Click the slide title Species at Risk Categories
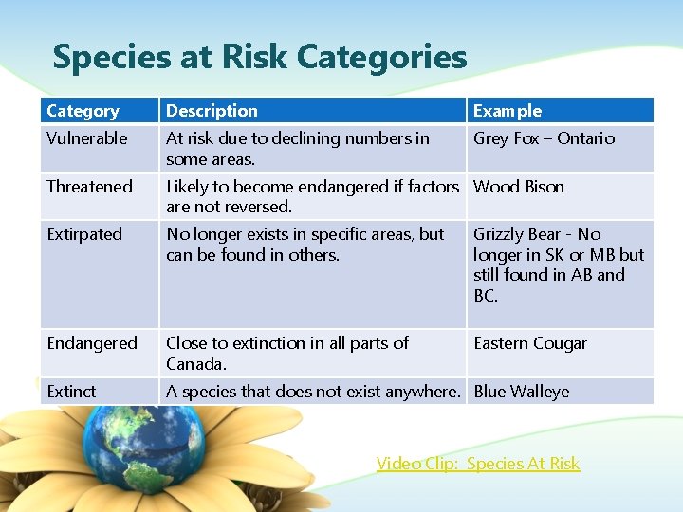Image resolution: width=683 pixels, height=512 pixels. pos(260,57)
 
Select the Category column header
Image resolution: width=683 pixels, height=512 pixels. pos(83,111)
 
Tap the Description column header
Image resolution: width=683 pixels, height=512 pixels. pos(212,111)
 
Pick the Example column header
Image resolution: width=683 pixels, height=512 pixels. pos(508,111)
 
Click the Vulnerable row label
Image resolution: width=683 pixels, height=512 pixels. pos(87,138)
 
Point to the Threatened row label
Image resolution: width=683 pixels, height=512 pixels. pos(90,187)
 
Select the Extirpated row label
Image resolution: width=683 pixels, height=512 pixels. pos(84,234)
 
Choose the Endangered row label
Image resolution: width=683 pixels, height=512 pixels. pos(92,343)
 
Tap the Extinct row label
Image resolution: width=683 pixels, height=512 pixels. pos(72,392)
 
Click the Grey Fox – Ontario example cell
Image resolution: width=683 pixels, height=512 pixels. pos(544,138)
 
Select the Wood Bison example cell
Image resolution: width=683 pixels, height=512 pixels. pos(519,187)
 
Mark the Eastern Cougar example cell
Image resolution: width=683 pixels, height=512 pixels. pos(530,343)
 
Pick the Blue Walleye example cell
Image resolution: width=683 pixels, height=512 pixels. pos(522,392)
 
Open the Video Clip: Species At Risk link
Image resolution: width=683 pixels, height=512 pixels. pos(477,464)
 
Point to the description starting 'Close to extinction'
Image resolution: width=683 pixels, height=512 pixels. pos(287,353)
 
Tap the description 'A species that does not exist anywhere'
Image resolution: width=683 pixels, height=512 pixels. pos(313,392)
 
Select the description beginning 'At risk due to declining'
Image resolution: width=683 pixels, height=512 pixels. pos(297,148)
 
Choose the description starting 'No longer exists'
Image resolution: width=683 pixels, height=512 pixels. pos(305,244)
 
